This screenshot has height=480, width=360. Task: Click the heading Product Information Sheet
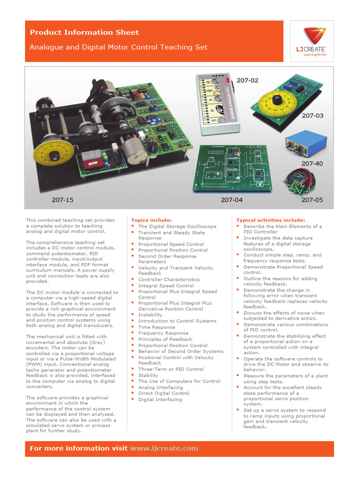[84, 32]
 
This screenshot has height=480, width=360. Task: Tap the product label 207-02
[247, 81]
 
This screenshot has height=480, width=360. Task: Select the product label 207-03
[312, 115]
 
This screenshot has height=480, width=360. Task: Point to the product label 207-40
[312, 164]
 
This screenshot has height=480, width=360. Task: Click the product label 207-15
[62, 200]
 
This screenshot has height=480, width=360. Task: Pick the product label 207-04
[232, 200]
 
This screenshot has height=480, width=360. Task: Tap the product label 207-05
[312, 200]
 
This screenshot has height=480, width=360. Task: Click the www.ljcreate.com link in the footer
[164, 449]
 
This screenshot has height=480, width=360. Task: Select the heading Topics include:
[151, 220]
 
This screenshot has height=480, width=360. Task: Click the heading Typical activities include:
[270, 220]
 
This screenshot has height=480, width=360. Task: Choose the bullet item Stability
[148, 375]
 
